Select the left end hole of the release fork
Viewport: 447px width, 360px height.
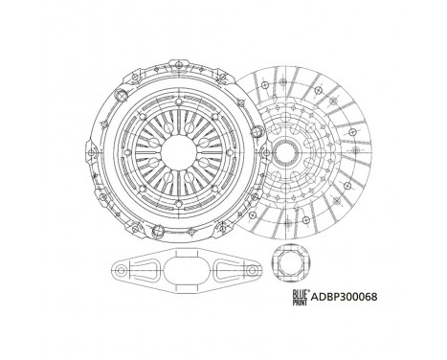pyautogui.click(x=122, y=272)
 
